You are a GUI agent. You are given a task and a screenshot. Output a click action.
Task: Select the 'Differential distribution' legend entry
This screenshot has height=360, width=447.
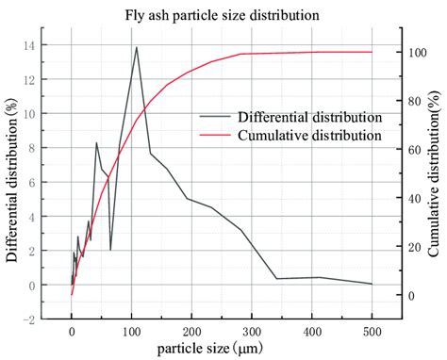(x=290, y=118)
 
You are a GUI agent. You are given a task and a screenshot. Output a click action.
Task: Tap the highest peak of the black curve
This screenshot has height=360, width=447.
(x=136, y=47)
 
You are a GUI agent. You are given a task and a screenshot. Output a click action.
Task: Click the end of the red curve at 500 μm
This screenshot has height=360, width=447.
(x=372, y=52)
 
